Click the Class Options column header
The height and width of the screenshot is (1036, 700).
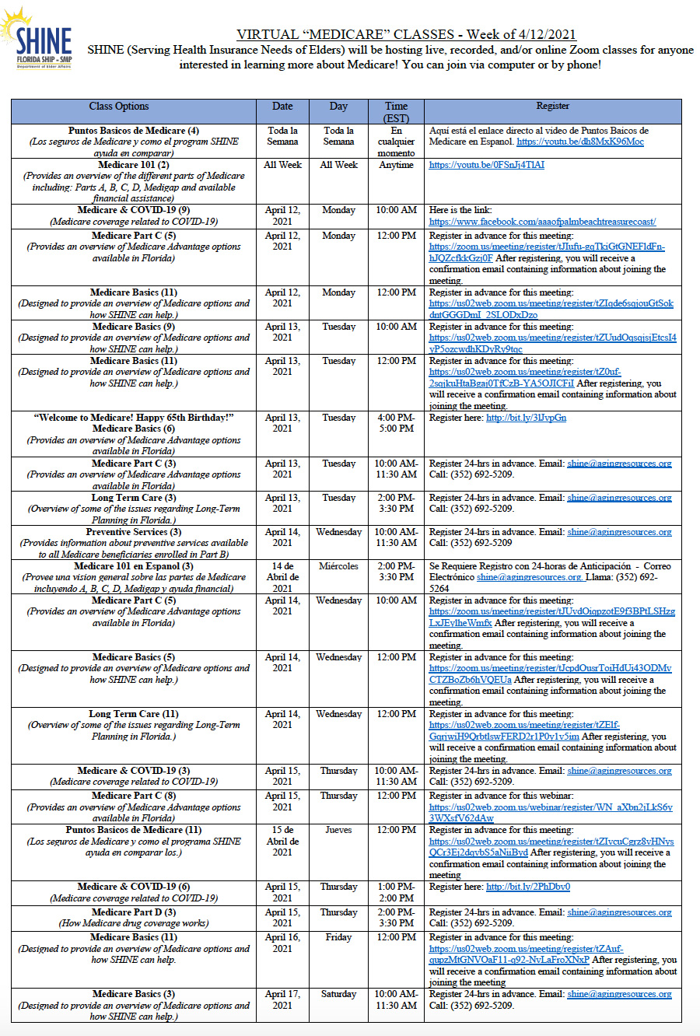coord(118,107)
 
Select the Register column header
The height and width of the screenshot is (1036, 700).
coord(552,107)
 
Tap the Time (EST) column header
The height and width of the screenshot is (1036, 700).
coord(396,112)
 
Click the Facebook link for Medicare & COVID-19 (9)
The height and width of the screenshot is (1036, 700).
coord(542,222)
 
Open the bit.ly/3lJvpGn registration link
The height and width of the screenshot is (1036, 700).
coord(526,418)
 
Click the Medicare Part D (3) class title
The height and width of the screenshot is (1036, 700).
coord(134,912)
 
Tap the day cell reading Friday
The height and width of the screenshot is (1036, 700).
coord(338,937)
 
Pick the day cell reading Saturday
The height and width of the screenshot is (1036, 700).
coord(338,994)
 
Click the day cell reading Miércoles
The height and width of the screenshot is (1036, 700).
coord(338,566)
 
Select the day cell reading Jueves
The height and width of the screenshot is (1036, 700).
coord(338,830)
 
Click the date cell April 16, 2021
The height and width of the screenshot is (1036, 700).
coord(282,943)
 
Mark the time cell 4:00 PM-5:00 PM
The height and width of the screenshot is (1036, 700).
coord(396,423)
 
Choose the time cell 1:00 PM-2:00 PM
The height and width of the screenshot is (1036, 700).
coord(396,892)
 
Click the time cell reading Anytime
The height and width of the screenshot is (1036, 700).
coord(396,165)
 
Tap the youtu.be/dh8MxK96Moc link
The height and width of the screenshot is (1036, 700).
coord(580,142)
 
